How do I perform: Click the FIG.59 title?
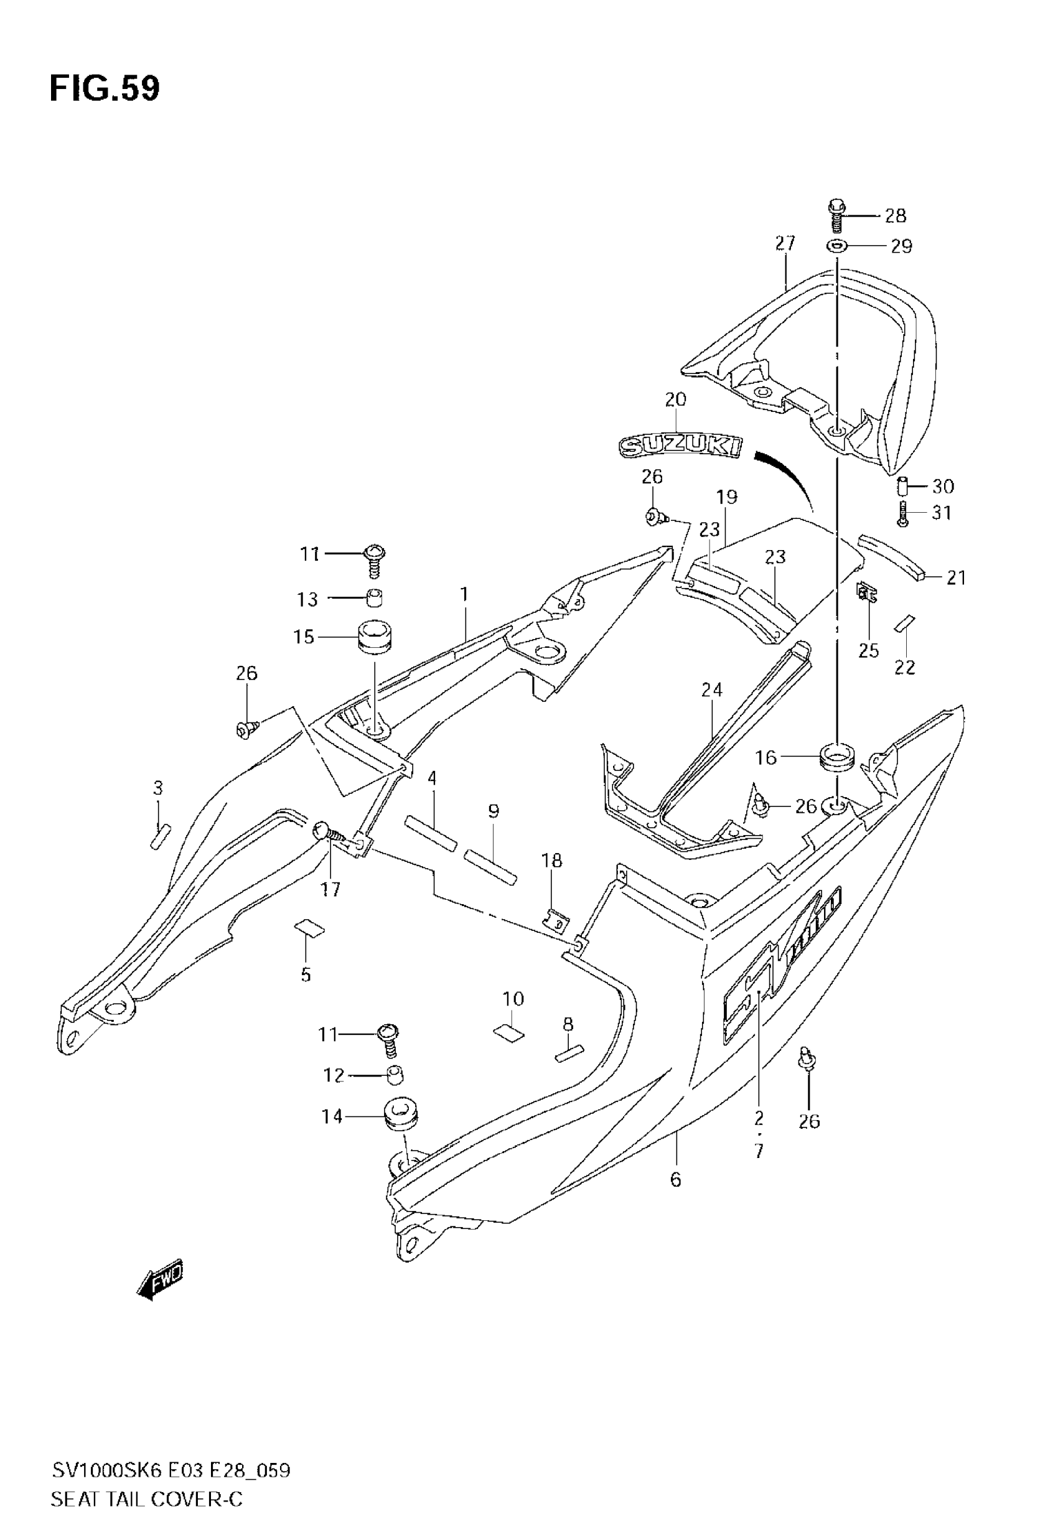tap(105, 89)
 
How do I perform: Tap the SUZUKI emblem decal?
tap(680, 446)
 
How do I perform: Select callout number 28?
tap(896, 215)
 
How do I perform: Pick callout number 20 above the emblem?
tap(675, 399)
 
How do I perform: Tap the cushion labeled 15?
tap(375, 635)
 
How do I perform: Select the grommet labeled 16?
tap(837, 757)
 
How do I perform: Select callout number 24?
tap(712, 690)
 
